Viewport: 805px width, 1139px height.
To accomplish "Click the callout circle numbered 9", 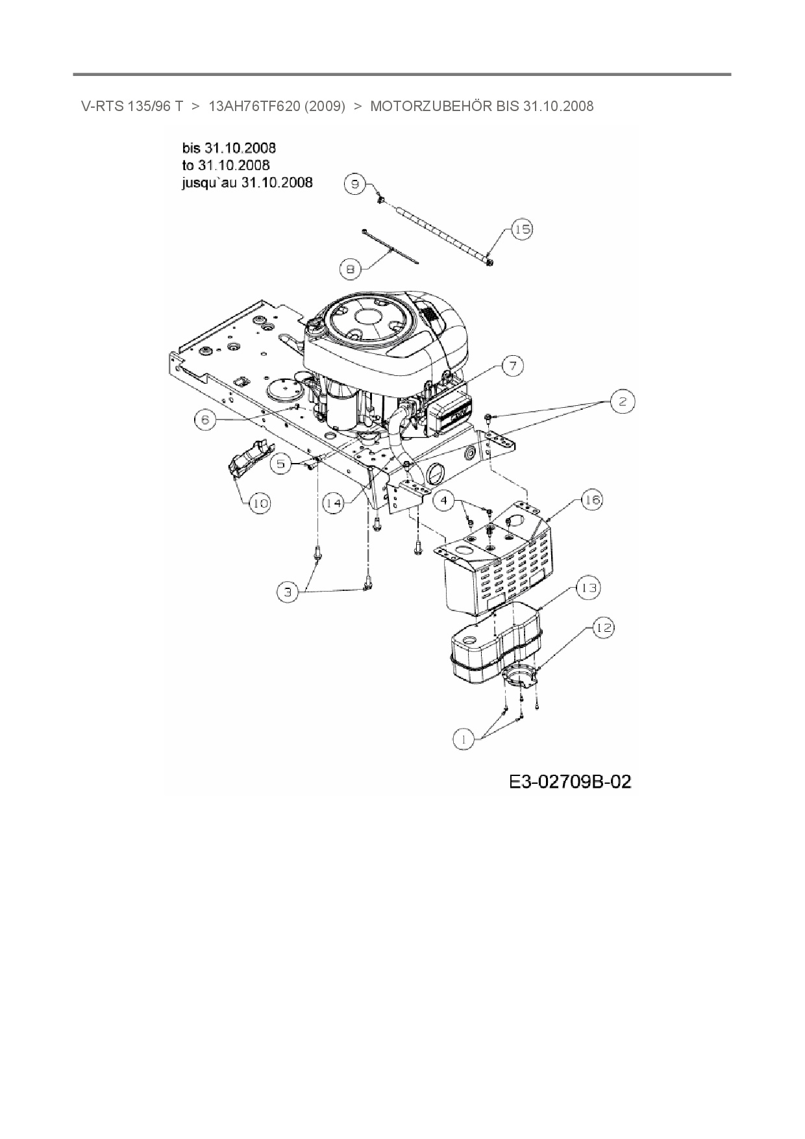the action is [x=355, y=184].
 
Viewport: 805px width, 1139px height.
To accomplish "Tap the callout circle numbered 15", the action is [x=523, y=229].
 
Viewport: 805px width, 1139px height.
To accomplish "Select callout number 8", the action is [x=350, y=269].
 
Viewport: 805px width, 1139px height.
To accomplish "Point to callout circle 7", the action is [x=512, y=366].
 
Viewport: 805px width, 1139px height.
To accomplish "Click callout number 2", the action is [x=623, y=401].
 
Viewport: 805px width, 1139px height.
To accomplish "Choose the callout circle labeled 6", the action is [x=205, y=419].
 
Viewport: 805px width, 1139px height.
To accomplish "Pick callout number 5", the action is [x=280, y=464].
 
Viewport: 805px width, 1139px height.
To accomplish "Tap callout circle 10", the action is [x=260, y=503].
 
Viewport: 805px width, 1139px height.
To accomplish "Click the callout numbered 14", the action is [x=333, y=503].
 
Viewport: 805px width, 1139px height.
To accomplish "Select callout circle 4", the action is [x=444, y=500].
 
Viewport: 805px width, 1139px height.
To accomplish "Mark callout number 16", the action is [x=591, y=499].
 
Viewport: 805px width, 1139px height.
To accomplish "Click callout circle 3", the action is [x=288, y=592].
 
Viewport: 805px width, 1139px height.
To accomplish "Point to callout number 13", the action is [x=589, y=588].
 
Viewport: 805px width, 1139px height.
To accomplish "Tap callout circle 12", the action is [x=603, y=627].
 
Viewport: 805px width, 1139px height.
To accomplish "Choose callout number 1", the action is [x=464, y=738].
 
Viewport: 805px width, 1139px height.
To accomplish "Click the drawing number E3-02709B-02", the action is [x=569, y=781].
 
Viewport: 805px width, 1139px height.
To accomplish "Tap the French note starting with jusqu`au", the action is [x=247, y=182].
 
